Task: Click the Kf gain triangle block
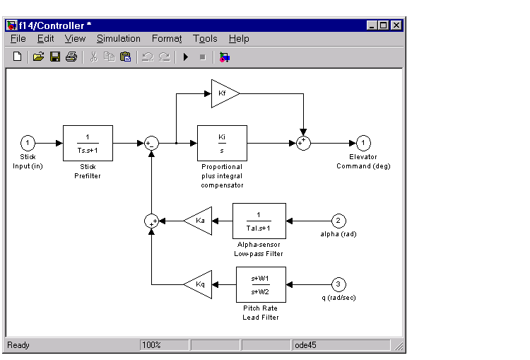[223, 93]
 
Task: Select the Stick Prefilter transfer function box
[88, 143]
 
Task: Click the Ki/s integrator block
[222, 143]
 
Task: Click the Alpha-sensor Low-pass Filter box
[259, 221]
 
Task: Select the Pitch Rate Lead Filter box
[259, 284]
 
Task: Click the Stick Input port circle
[28, 143]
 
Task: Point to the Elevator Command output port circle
[363, 143]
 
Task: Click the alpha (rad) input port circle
[339, 221]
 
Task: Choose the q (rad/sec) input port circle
[339, 284]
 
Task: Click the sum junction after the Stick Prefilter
[151, 143]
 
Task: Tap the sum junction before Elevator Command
[303, 143]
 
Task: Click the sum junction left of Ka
[151, 221]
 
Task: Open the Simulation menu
[118, 39]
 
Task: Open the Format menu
[166, 39]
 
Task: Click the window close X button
[396, 25]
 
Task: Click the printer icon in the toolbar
[71, 57]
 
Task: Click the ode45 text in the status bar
[306, 345]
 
